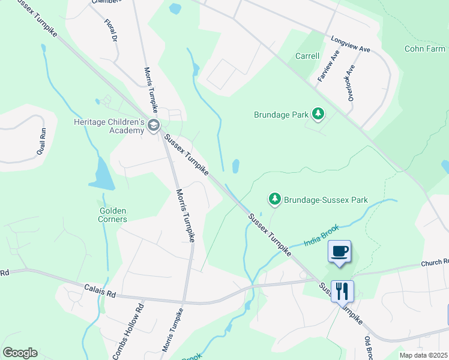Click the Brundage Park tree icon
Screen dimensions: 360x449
(x=318, y=114)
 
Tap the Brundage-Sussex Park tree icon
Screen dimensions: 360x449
(x=274, y=199)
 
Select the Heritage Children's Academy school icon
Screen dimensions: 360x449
(x=154, y=125)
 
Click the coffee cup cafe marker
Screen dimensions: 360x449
(x=340, y=251)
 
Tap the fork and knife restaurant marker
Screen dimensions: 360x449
(x=342, y=292)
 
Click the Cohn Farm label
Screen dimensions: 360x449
(x=424, y=49)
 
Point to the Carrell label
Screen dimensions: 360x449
(x=307, y=56)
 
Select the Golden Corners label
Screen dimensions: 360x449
(x=113, y=215)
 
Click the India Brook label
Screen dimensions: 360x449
(x=321, y=235)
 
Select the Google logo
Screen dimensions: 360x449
(x=20, y=353)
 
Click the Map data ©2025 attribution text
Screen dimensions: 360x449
(x=423, y=355)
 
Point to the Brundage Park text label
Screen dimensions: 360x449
(x=281, y=115)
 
